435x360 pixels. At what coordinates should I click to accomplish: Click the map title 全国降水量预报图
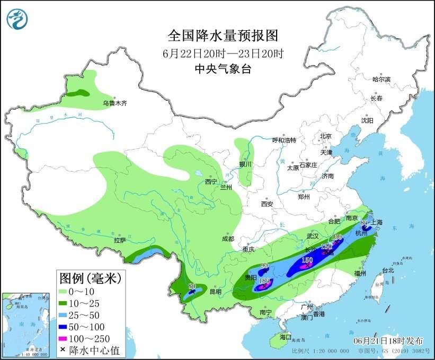[223, 36]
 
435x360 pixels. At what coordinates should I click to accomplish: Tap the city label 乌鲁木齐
[115, 103]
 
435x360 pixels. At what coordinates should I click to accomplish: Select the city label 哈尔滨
[380, 80]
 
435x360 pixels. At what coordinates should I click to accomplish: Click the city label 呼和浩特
[284, 140]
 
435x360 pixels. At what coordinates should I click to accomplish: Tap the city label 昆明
[215, 292]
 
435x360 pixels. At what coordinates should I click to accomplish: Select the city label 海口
[286, 337]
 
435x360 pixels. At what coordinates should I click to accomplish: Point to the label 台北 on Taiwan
[388, 270]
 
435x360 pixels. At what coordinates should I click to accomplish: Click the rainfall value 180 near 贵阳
[265, 280]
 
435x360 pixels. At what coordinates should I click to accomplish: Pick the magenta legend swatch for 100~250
[68, 338]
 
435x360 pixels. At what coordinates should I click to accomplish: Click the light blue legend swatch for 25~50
[68, 314]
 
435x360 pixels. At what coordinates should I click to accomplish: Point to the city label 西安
[267, 204]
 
